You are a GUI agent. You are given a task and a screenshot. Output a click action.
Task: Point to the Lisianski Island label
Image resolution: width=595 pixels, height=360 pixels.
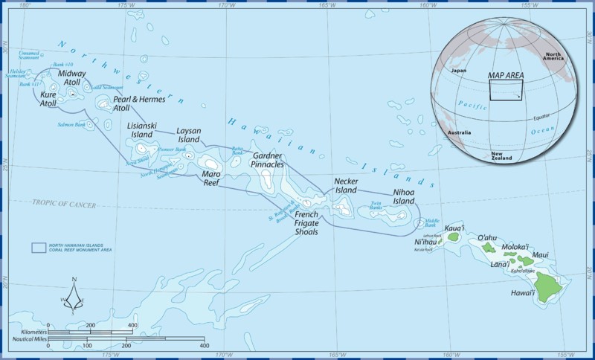pos(141,130)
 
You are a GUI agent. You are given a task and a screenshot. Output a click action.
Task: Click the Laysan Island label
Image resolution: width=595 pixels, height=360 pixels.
pos(188,135)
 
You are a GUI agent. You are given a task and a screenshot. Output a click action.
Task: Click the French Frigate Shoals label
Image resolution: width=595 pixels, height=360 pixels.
pos(301,222)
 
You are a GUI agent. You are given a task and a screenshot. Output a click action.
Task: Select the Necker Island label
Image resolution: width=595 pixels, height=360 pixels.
pos(346,185)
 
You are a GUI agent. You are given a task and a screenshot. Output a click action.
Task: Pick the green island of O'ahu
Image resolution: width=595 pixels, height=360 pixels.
pos(489,247)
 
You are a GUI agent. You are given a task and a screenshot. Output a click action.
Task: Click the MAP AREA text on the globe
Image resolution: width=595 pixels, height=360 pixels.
pos(505,76)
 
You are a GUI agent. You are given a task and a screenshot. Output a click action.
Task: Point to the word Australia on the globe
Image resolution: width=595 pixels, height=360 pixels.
pos(459,132)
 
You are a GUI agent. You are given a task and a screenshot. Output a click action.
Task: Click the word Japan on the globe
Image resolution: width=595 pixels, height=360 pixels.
pos(458,71)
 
